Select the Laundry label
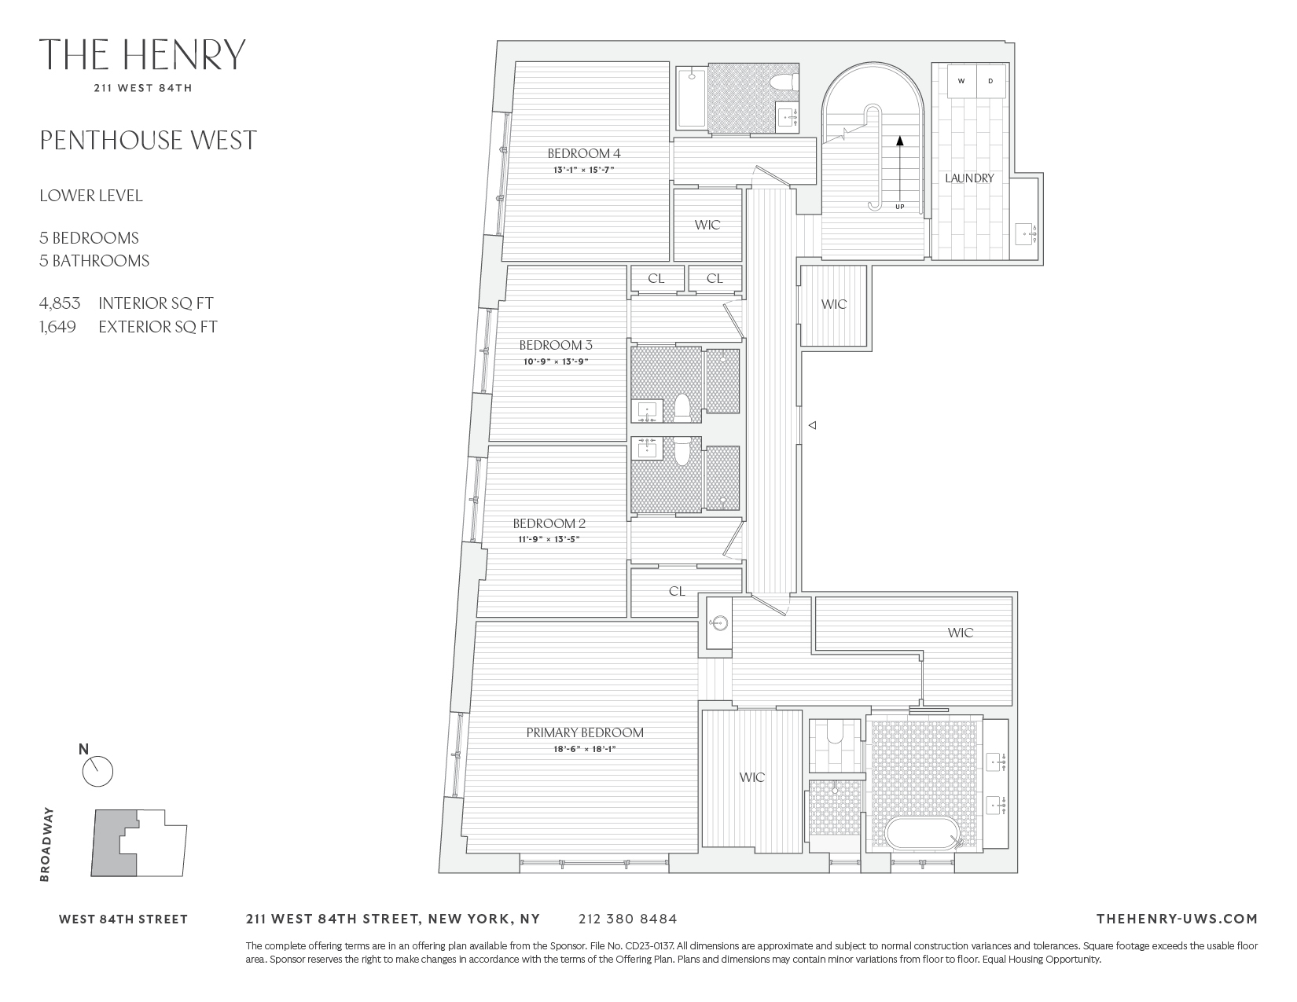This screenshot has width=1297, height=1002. [969, 178]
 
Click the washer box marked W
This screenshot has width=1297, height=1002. [961, 81]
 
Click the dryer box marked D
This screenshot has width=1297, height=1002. [990, 81]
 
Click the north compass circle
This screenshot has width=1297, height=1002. [97, 772]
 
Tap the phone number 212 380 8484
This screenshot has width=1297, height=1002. [627, 919]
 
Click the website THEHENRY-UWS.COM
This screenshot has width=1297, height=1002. [1176, 919]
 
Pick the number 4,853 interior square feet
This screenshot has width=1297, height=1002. [60, 303]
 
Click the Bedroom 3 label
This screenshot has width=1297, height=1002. [555, 345]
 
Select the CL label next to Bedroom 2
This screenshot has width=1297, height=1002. [677, 592]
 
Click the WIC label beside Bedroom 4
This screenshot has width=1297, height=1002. [707, 225]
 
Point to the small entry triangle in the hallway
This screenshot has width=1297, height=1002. [814, 425]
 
